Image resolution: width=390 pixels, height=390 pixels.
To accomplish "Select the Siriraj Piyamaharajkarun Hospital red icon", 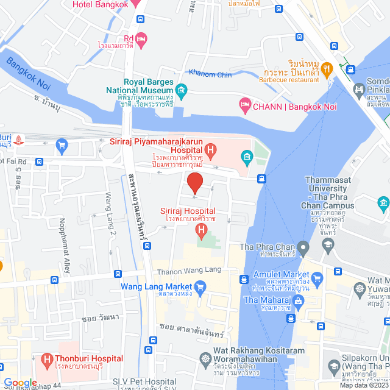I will (210, 149).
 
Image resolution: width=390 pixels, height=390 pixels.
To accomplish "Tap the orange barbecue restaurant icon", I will (327, 69).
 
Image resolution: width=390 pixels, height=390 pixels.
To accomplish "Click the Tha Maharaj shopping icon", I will (299, 300).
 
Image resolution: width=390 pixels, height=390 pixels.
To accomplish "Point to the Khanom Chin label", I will (210, 74).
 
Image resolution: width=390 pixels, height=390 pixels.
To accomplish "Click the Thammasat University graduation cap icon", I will (328, 244).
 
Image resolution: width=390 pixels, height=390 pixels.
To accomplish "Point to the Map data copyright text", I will (363, 385).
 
